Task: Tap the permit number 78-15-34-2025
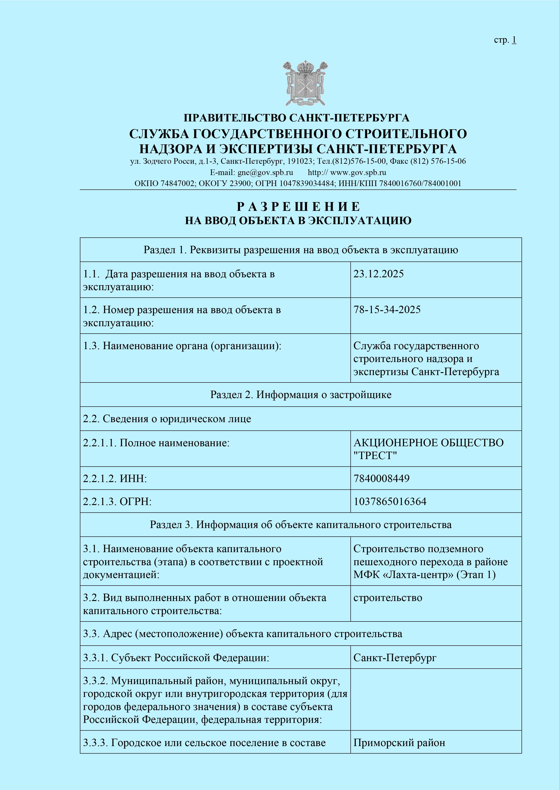coord(387,310)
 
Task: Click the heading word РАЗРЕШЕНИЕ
coord(298,206)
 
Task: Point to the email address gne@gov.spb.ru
coord(265,172)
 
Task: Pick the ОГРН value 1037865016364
coord(390,502)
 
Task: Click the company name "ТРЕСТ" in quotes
coord(375,455)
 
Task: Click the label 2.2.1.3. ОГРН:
coord(117,502)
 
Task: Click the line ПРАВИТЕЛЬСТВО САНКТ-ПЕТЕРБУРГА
coord(296,118)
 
